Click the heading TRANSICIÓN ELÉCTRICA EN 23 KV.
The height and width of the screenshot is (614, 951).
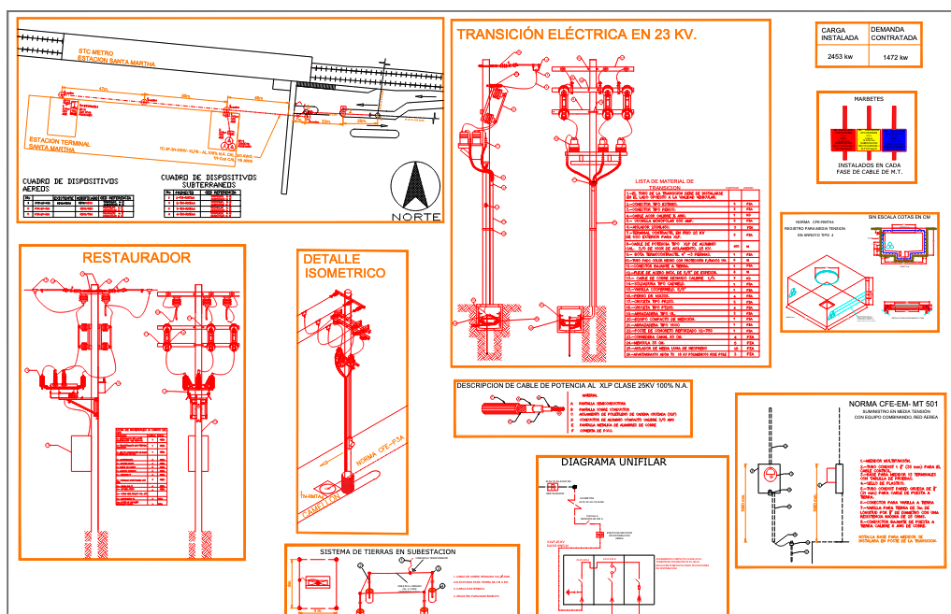click(576, 35)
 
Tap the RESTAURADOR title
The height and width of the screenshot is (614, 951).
click(137, 258)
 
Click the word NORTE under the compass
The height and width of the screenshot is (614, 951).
click(414, 217)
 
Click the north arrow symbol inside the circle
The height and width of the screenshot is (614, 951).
click(414, 186)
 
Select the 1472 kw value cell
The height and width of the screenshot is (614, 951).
click(895, 58)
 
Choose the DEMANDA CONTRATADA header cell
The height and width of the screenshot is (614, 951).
click(895, 35)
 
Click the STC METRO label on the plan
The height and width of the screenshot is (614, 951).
click(96, 52)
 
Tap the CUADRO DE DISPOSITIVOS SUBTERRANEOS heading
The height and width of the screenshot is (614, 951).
click(207, 180)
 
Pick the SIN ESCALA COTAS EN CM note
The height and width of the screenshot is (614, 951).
click(900, 217)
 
